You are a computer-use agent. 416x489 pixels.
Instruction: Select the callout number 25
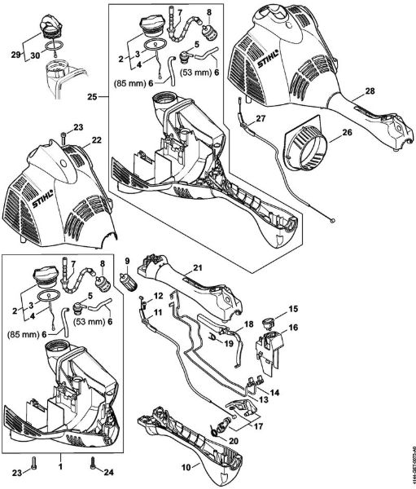click(92, 97)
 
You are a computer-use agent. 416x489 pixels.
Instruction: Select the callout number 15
click(294, 310)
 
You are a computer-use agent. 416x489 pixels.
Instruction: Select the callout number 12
click(160, 297)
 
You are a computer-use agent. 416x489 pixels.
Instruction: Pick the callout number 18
click(249, 323)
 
